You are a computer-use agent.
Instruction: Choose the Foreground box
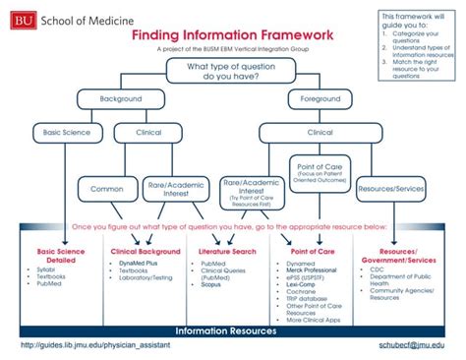[x=320, y=99]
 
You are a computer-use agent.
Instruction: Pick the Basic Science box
[x=65, y=132]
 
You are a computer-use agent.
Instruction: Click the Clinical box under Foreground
[x=320, y=132]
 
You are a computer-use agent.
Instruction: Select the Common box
[x=107, y=188]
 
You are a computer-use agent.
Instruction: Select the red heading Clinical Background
[x=146, y=252]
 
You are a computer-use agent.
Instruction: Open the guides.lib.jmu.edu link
[x=94, y=347]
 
